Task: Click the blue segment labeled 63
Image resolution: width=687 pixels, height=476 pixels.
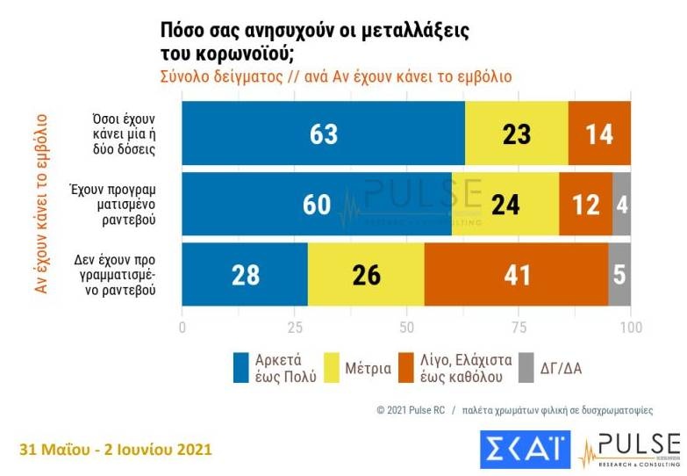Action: tap(323, 133)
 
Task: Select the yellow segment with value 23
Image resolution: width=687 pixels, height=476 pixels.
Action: tap(516, 133)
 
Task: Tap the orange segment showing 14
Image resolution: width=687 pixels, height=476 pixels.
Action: tap(599, 133)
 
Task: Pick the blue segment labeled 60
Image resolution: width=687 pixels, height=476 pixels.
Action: tap(316, 204)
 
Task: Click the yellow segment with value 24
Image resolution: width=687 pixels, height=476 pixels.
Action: tap(505, 204)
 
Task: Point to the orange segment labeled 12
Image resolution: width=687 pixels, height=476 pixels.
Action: tap(585, 204)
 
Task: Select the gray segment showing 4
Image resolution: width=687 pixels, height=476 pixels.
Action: tap(621, 204)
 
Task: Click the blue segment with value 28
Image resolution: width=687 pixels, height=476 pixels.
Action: tap(245, 275)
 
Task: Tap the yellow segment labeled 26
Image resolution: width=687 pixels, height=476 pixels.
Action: tap(366, 275)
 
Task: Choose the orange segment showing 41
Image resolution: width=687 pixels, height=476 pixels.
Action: tap(516, 275)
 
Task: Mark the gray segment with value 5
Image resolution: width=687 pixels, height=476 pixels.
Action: tap(620, 275)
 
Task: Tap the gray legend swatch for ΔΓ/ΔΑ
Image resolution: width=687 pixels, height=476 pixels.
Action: tap(526, 367)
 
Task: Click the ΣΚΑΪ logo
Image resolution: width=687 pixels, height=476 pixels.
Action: tap(526, 449)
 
